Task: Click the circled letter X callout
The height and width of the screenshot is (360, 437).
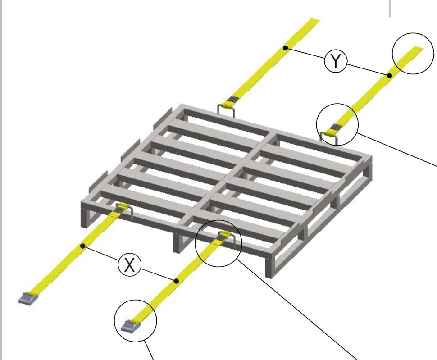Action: [130, 265]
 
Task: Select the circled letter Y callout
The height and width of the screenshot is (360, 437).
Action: [336, 61]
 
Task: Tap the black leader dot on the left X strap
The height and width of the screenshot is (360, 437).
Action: [83, 246]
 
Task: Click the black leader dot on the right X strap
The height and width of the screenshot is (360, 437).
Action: [176, 281]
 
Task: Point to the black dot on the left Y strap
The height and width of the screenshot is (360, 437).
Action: [285, 48]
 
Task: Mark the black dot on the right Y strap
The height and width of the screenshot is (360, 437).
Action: [390, 76]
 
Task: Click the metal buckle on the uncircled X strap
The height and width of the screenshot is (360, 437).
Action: [27, 298]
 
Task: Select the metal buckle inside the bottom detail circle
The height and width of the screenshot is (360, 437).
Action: [130, 326]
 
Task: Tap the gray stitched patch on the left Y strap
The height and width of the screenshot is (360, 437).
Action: [233, 99]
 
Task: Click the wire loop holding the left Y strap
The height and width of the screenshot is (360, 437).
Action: [226, 110]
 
